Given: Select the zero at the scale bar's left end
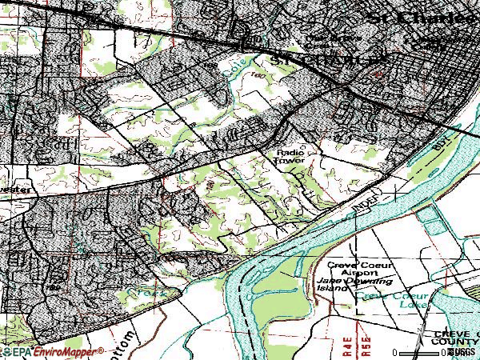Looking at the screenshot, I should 395,353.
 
